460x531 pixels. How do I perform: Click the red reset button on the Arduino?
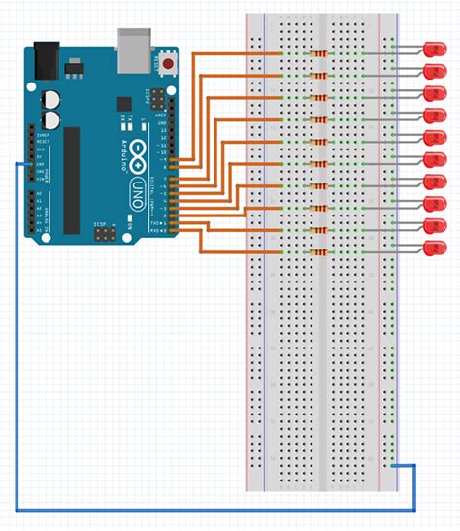coord(171,64)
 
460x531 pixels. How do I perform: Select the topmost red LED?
coord(433,50)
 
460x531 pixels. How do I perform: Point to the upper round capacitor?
coord(50,99)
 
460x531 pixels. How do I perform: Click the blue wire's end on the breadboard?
coord(390,465)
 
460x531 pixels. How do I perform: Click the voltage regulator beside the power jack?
coord(73,65)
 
